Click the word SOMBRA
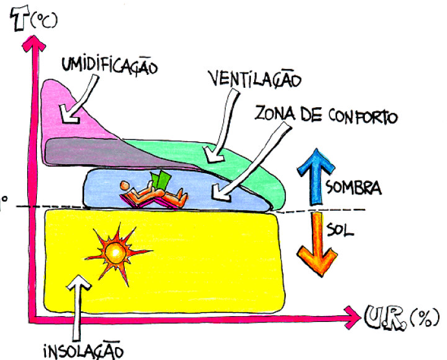pyautogui.click(x=353, y=189)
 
